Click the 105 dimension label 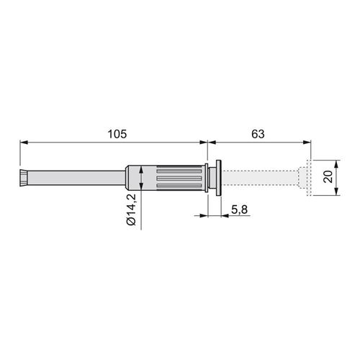tap(117, 134)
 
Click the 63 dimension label tap(258, 134)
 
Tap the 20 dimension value tap(328, 176)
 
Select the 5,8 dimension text tap(239, 210)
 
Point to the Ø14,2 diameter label tap(131, 210)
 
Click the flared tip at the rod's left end tap(23, 178)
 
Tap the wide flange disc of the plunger tap(219, 178)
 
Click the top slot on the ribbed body tap(179, 171)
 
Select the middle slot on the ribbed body tap(179, 179)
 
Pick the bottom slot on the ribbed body tap(179, 186)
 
